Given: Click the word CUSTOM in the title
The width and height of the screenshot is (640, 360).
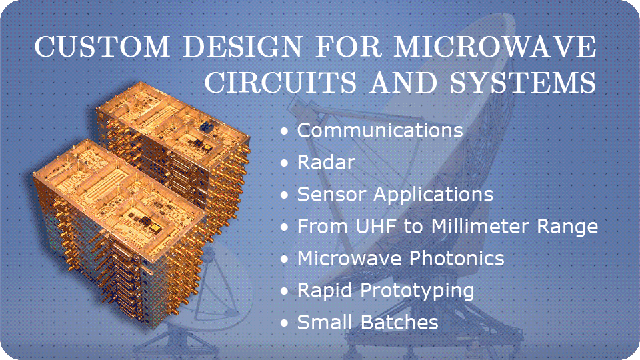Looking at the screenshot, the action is [102, 46].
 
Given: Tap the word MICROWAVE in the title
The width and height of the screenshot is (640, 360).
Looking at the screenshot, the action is [495, 46].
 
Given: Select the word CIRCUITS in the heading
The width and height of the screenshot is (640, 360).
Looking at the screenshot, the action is [281, 82].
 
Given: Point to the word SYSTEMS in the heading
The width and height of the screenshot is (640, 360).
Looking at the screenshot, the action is [523, 82].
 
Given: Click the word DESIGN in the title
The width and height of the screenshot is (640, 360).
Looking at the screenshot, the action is [243, 46].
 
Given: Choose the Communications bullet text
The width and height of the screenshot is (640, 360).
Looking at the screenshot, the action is [380, 130].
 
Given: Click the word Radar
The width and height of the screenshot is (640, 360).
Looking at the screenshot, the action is [326, 162].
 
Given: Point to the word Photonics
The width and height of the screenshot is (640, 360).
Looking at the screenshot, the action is [457, 259].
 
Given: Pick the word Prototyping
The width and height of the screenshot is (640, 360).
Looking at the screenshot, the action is [417, 291].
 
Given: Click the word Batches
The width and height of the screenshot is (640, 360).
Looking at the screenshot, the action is [399, 323].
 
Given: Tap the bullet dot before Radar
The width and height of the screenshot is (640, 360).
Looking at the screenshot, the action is [285, 163].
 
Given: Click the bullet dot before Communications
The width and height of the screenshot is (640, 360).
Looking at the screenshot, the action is [285, 131].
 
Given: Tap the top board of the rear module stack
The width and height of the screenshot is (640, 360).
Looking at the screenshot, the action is [172, 123].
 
